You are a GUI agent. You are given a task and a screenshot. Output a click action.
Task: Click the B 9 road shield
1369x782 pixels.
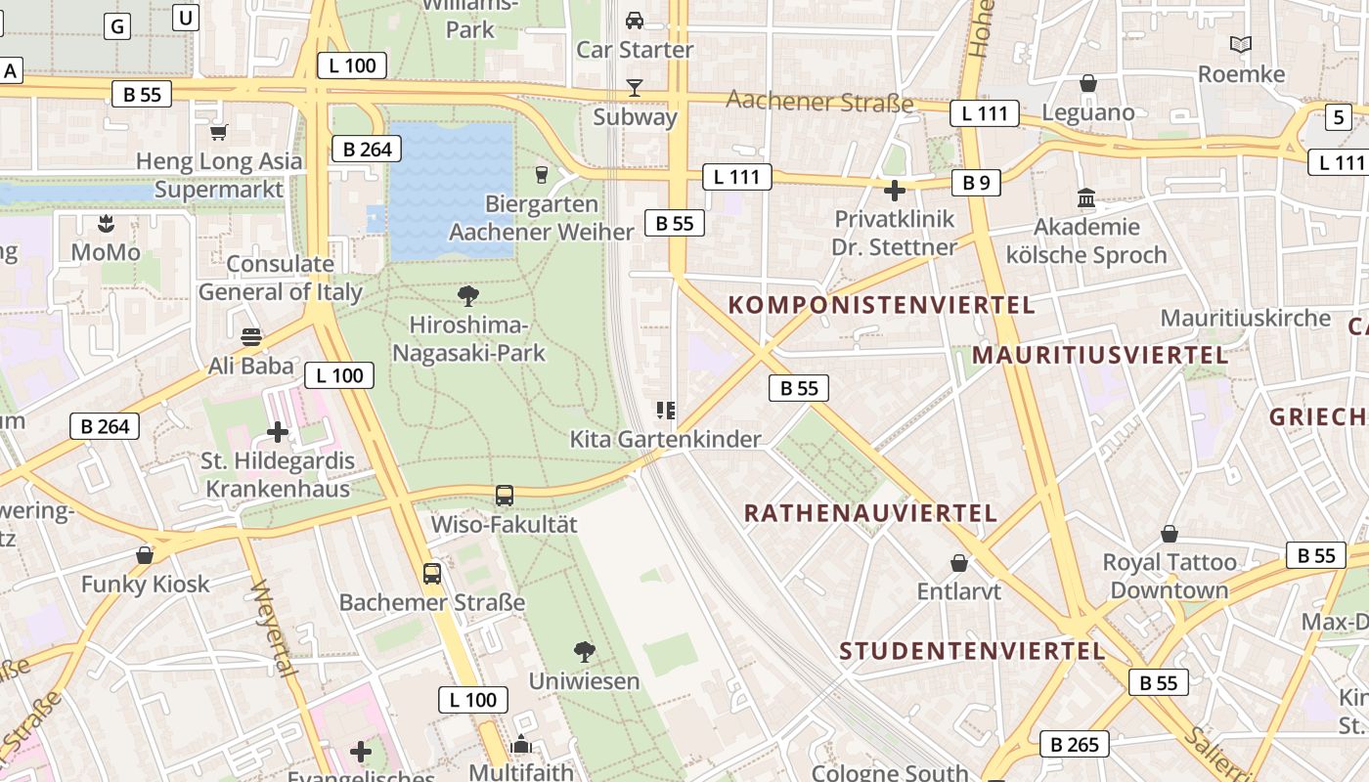pyautogui.click(x=976, y=182)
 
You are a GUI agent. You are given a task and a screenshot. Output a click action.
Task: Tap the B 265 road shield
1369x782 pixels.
pyautogui.click(x=1075, y=745)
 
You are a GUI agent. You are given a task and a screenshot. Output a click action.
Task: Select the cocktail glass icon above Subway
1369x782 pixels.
pyautogui.click(x=635, y=88)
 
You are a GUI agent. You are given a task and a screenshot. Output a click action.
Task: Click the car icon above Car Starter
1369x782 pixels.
pyautogui.click(x=635, y=20)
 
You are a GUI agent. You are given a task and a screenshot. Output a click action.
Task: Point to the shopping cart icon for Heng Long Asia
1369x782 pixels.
pyautogui.click(x=219, y=131)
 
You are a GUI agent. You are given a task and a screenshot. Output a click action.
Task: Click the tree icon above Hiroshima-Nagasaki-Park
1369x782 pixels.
pyautogui.click(x=468, y=294)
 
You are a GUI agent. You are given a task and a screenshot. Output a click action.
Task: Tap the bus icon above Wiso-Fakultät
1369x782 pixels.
pyautogui.click(x=505, y=495)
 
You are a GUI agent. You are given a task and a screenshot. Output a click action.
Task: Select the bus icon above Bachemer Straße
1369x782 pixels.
pyautogui.click(x=432, y=573)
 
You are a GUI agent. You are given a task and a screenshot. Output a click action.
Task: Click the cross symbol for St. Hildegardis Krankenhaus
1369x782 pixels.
pyautogui.click(x=278, y=431)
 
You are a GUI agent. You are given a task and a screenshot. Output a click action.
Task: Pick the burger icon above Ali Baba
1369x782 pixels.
pyautogui.click(x=251, y=337)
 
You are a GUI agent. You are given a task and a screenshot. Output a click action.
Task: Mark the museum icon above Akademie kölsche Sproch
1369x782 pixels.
pyautogui.click(x=1086, y=198)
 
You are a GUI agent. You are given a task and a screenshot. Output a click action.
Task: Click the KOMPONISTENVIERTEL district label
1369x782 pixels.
pyautogui.click(x=881, y=305)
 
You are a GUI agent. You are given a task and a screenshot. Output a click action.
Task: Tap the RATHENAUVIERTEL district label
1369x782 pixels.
pyautogui.click(x=870, y=513)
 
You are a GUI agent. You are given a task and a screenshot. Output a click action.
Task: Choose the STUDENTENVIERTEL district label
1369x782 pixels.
pyautogui.click(x=972, y=651)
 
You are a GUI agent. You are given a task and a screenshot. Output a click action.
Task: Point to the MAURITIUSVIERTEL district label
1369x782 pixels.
pyautogui.click(x=1100, y=355)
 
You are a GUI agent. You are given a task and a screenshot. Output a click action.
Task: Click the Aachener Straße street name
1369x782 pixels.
pyautogui.click(x=819, y=102)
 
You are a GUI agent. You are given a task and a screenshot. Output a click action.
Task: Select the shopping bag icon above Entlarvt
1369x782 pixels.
pyautogui.click(x=959, y=563)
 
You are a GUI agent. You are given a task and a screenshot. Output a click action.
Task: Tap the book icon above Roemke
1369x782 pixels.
pyautogui.click(x=1241, y=45)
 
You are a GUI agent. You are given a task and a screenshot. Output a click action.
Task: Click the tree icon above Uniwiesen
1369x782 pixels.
pyautogui.click(x=585, y=651)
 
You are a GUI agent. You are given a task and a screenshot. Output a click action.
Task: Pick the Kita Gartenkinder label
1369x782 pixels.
pyautogui.click(x=665, y=440)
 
